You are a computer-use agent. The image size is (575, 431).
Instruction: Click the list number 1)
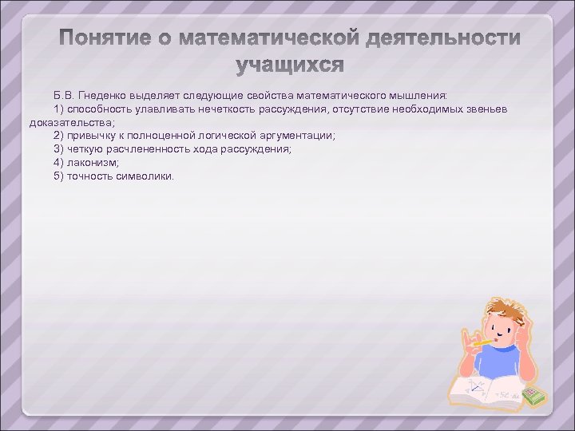59,109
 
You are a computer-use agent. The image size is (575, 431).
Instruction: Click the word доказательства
71,122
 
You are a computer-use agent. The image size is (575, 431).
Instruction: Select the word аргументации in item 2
299,136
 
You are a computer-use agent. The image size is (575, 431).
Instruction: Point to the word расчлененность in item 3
155,149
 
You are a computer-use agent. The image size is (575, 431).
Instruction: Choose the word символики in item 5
146,176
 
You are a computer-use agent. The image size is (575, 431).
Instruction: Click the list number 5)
59,176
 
